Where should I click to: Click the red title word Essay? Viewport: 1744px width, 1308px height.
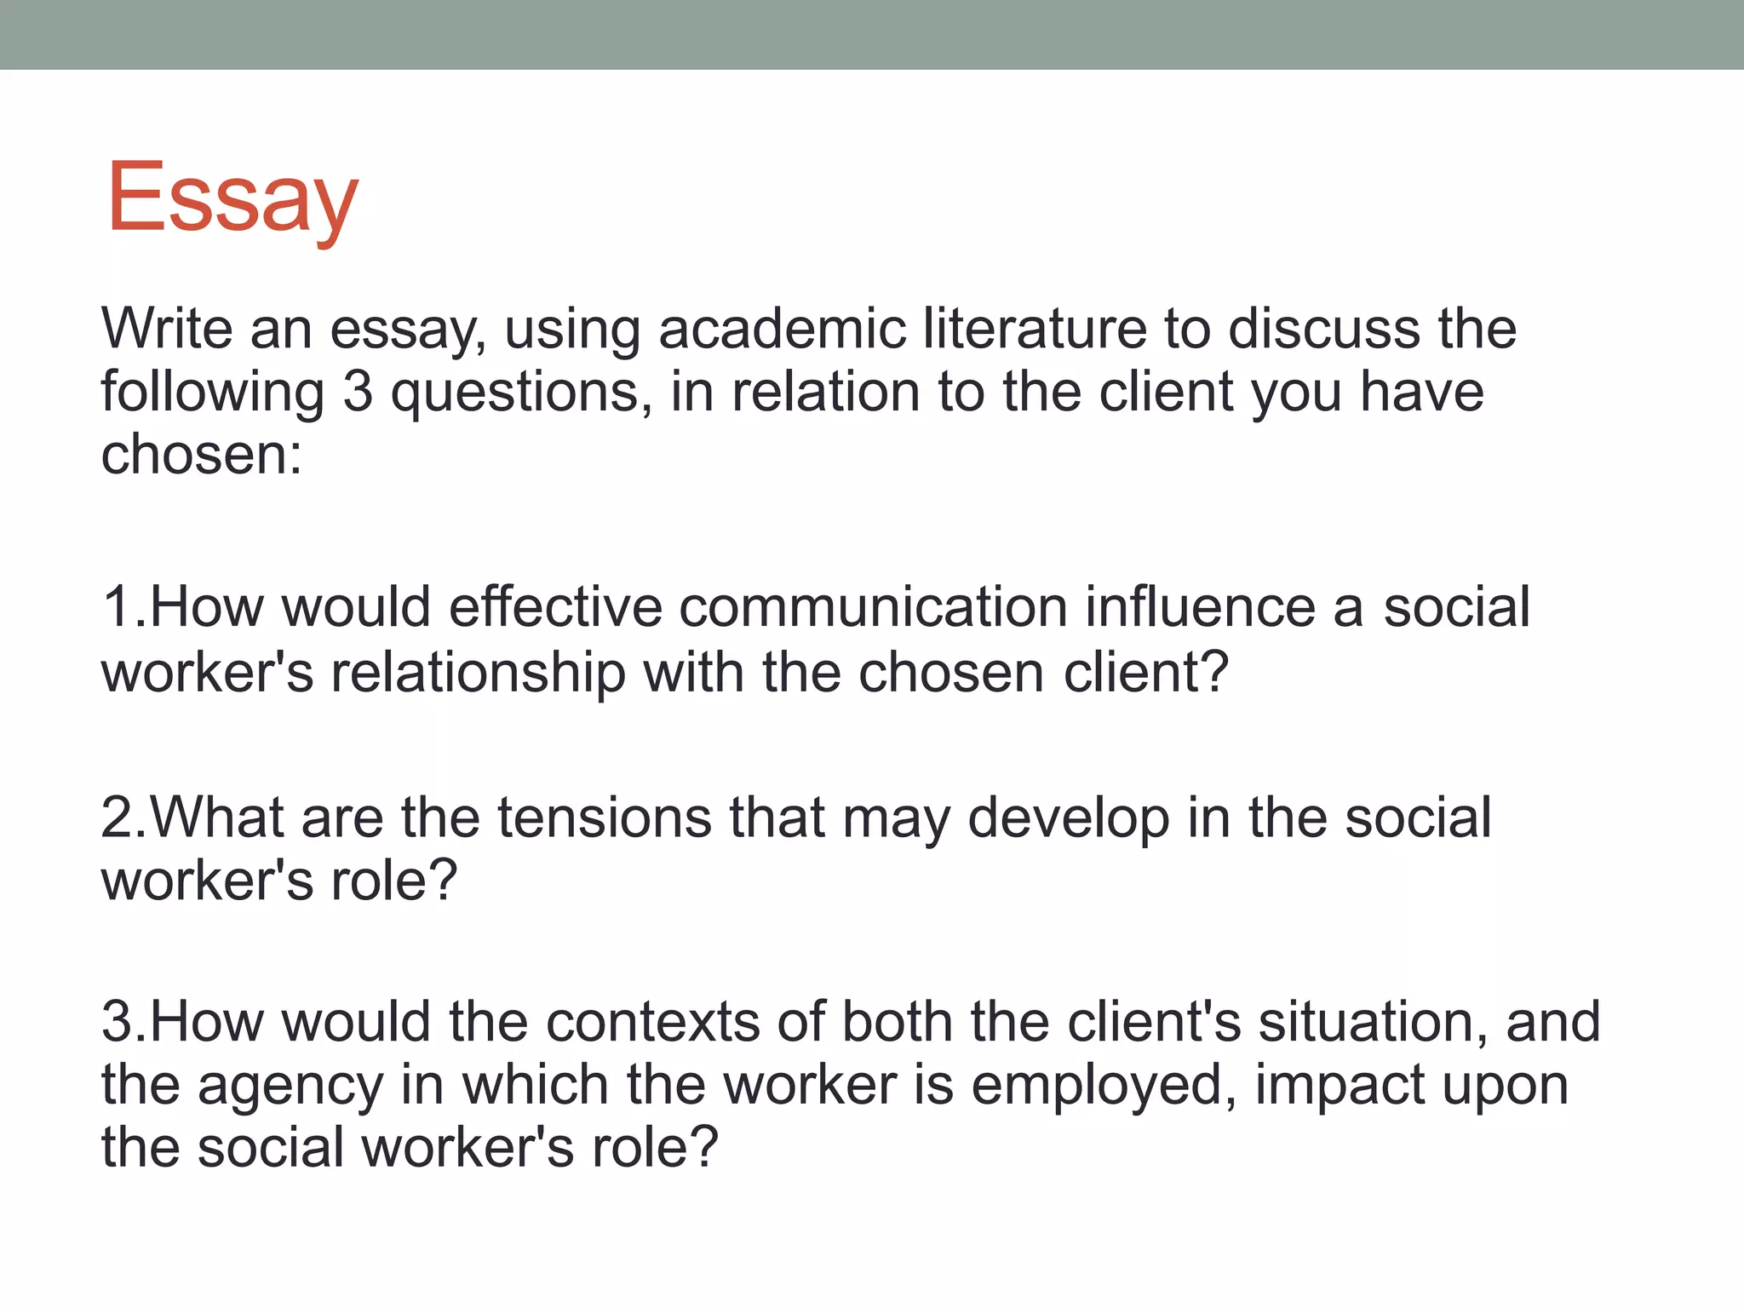232,199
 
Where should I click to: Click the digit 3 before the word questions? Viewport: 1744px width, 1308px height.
358,392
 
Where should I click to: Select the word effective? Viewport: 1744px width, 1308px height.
555,607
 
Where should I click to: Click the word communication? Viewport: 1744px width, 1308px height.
873,607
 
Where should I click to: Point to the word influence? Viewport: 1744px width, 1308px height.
1201,607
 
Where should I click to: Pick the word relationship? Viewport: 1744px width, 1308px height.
478,673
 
